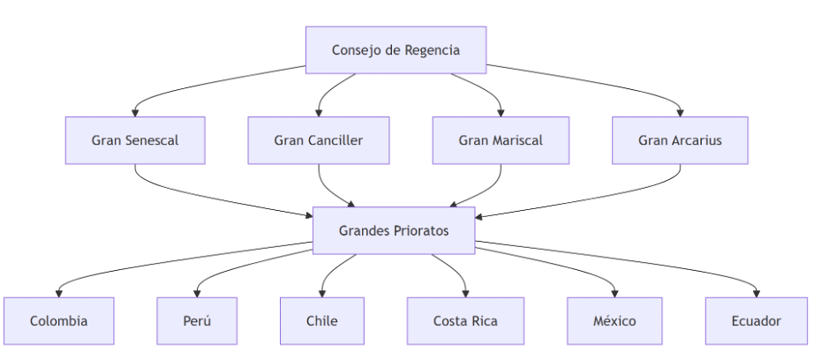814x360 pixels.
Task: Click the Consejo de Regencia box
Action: click(396, 49)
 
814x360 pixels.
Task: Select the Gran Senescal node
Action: click(135, 140)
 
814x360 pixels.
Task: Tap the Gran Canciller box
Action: click(318, 140)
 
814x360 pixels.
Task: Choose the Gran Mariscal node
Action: click(501, 140)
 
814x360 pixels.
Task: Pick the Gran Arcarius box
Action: click(680, 140)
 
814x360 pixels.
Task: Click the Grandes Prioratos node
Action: click(394, 230)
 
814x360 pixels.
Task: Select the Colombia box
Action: click(58, 320)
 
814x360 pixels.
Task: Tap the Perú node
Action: click(196, 320)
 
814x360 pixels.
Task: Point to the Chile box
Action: click(321, 320)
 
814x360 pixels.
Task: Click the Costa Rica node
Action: click(465, 320)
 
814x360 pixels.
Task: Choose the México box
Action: click(614, 320)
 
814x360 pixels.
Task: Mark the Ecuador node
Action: click(756, 320)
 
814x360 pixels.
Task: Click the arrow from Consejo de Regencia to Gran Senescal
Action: click(203, 83)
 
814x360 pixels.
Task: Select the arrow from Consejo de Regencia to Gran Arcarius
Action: click(600, 83)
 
